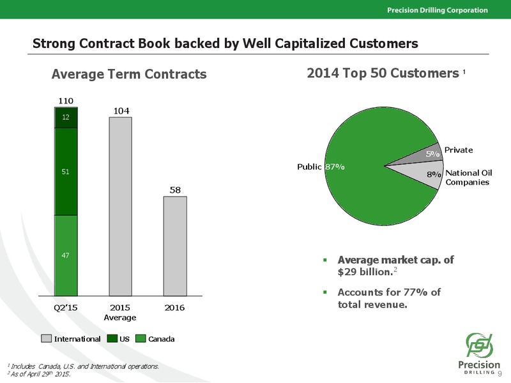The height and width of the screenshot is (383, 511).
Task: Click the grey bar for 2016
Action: tap(175, 246)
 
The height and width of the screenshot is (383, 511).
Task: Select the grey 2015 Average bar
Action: tap(121, 206)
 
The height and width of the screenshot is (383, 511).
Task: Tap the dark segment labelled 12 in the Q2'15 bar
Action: tap(66, 117)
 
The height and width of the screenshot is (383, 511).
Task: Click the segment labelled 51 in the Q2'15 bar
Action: tap(66, 172)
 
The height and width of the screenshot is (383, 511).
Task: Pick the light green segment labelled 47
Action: tap(66, 256)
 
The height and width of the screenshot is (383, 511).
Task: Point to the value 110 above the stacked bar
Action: tap(66, 101)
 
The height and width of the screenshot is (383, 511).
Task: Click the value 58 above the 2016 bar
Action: tap(175, 190)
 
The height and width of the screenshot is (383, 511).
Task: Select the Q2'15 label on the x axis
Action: tap(66, 308)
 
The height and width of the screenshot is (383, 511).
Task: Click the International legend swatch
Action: tap(46, 339)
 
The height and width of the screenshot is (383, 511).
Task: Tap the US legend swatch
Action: tap(112, 339)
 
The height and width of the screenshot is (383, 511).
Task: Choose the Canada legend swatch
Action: tap(141, 339)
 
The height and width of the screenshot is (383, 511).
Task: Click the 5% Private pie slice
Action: tap(423, 154)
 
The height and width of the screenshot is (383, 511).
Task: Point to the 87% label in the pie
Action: tap(335, 167)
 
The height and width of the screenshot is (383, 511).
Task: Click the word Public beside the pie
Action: tap(309, 167)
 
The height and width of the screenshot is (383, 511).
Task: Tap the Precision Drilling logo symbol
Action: tap(479, 345)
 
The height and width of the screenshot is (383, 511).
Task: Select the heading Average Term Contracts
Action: tap(129, 74)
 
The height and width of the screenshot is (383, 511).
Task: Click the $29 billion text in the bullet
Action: tap(365, 272)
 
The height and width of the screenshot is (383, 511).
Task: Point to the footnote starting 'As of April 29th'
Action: tap(38, 374)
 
